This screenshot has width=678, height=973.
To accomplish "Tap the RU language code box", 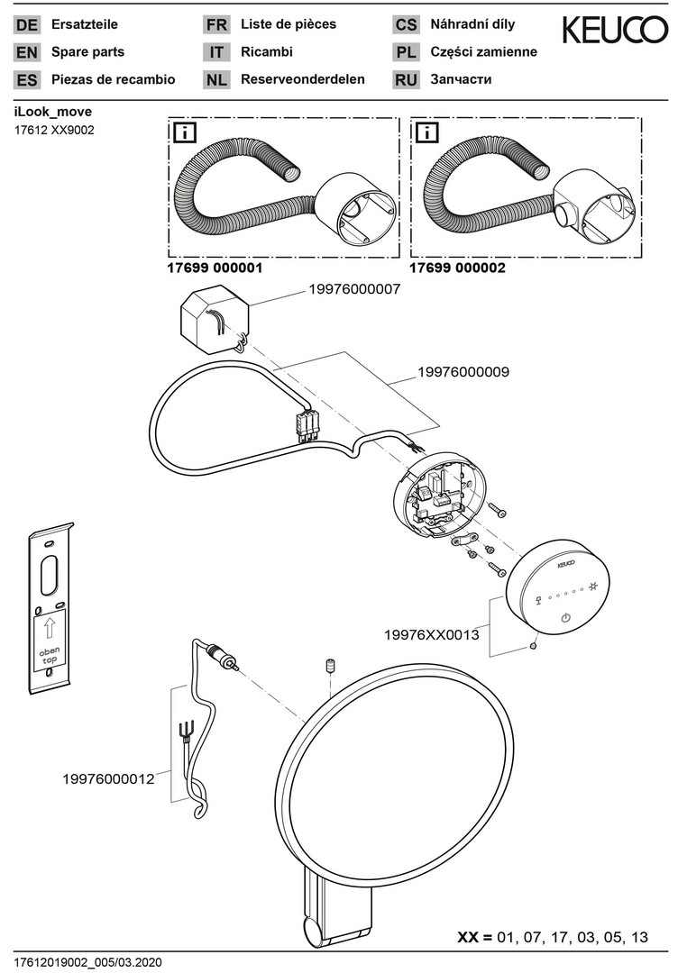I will pyautogui.click(x=406, y=80).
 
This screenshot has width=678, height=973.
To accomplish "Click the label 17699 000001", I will pyautogui.click(x=215, y=268).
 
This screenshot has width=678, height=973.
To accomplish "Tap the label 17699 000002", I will pyautogui.click(x=457, y=268).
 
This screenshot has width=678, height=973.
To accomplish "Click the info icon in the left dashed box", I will pyautogui.click(x=185, y=134).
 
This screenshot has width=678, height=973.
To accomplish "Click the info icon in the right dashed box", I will pyautogui.click(x=426, y=134).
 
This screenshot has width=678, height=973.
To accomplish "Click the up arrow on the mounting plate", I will pyautogui.click(x=50, y=628).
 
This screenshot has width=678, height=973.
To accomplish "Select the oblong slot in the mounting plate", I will pyautogui.click(x=51, y=573).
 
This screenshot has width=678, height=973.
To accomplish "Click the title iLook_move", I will pyautogui.click(x=52, y=112).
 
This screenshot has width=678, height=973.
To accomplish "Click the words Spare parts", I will pyautogui.click(x=88, y=52).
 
